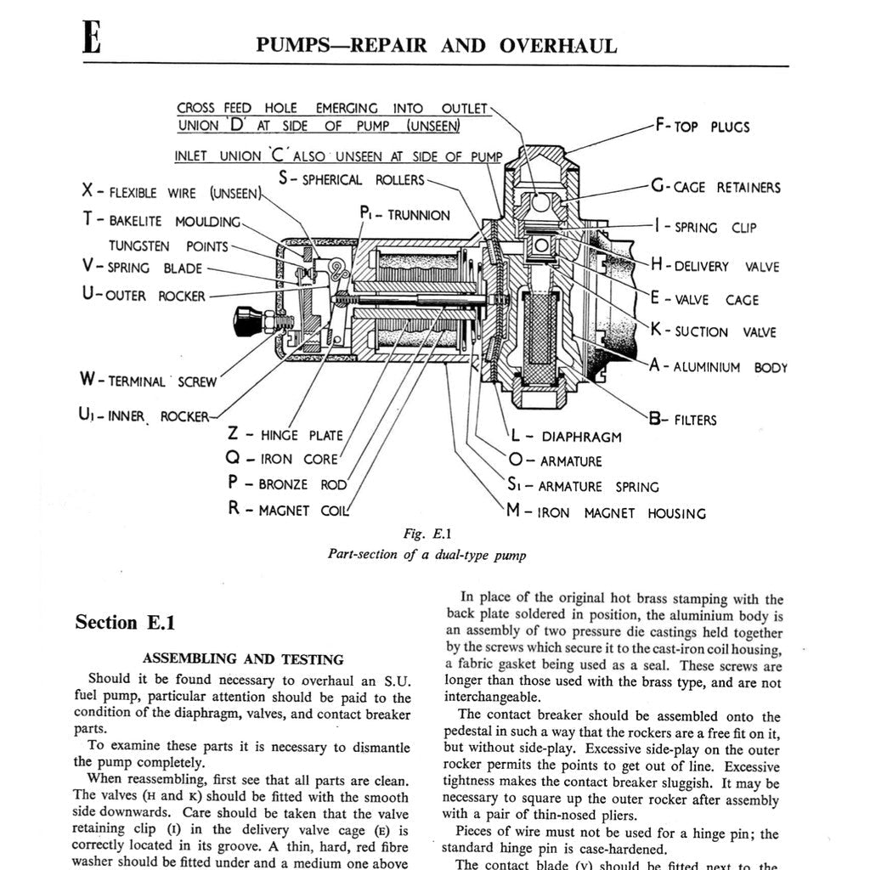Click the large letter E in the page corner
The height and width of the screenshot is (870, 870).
coord(92,39)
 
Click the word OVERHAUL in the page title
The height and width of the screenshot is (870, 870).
coord(558,46)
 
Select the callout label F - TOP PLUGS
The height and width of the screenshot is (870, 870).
coord(703,127)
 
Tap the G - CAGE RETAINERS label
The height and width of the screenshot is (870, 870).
coord(715,187)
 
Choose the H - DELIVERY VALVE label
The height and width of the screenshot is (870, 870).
coord(715,266)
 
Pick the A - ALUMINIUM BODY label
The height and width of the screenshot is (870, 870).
coord(718,367)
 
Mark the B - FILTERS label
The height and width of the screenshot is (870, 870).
coord(682,420)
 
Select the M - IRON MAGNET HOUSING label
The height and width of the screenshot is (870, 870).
coord(605,512)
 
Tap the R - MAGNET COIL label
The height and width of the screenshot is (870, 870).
coord(288,511)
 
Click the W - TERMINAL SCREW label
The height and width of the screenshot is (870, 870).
coord(150,381)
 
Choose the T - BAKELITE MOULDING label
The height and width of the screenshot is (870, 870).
coord(161,221)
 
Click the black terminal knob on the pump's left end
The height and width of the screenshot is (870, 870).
coord(246,319)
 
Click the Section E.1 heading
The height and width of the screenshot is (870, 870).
coord(125,623)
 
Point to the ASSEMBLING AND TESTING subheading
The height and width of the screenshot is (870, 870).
coord(243,659)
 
